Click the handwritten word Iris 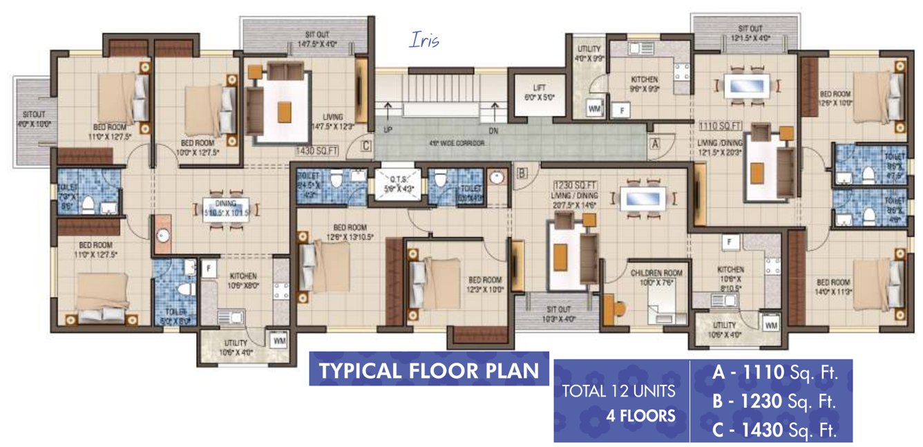(x=424, y=41)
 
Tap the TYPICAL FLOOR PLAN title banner (x=428, y=370)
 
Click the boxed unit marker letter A (x=653, y=144)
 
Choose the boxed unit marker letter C (x=366, y=146)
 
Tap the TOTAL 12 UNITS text (x=618, y=392)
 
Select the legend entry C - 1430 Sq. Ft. (x=774, y=431)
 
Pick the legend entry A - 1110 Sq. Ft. (x=774, y=374)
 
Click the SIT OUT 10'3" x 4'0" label (x=558, y=314)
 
